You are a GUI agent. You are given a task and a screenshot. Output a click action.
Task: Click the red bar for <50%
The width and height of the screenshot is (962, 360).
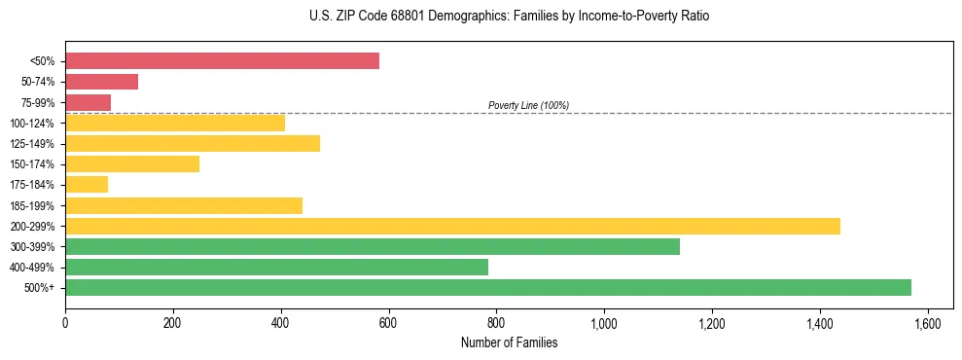click(x=222, y=61)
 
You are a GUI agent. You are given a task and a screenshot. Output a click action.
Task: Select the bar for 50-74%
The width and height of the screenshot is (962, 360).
click(x=101, y=82)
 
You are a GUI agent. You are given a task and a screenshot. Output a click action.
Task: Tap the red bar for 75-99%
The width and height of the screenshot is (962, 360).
click(x=88, y=102)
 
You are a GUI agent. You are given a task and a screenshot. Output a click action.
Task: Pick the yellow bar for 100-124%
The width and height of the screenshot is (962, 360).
click(x=175, y=123)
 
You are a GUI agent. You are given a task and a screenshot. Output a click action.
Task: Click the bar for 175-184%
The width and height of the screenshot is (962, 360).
click(x=87, y=185)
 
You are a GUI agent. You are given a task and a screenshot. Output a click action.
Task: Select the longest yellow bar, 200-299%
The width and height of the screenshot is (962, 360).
click(x=452, y=226)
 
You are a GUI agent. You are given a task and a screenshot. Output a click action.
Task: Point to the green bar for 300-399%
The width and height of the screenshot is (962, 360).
click(x=373, y=246)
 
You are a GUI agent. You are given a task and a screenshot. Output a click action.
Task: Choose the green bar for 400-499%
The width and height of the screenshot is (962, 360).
click(x=276, y=267)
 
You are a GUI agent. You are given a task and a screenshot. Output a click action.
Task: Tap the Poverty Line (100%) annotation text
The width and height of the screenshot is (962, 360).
click(x=528, y=105)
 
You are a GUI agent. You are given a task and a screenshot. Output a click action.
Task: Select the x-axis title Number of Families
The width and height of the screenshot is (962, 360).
click(x=509, y=342)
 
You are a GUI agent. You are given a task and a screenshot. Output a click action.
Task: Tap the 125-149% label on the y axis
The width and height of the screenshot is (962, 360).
click(x=32, y=144)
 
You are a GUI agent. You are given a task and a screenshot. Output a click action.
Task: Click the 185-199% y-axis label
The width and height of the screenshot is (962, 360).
click(x=32, y=205)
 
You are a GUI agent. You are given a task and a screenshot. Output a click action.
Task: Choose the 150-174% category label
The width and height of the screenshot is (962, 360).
click(x=32, y=164)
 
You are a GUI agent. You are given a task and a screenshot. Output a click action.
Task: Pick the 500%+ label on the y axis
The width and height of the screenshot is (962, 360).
click(x=39, y=288)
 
